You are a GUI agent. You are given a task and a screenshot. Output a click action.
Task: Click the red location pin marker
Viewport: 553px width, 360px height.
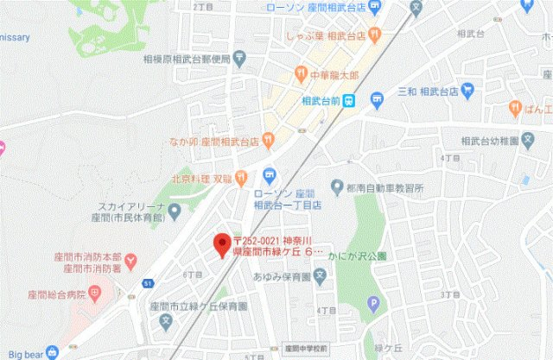[219, 243]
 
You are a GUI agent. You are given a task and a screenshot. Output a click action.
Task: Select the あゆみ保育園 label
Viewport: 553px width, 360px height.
[282, 277]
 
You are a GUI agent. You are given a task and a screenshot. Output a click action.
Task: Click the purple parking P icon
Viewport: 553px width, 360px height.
[373, 303]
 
